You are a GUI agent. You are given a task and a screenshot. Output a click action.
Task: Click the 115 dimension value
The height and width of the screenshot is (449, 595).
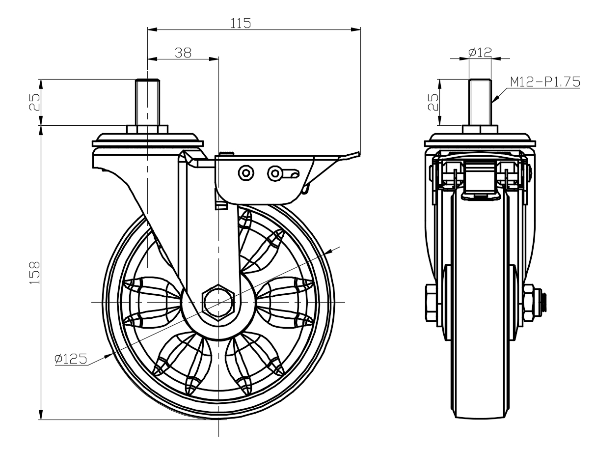click(x=241, y=23)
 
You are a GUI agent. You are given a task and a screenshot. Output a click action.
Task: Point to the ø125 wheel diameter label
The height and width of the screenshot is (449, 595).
click(x=71, y=359)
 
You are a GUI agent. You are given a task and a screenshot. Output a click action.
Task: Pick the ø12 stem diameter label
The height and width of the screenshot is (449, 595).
click(x=480, y=52)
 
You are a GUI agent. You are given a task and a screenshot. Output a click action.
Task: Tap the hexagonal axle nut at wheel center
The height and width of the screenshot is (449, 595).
click(x=218, y=301)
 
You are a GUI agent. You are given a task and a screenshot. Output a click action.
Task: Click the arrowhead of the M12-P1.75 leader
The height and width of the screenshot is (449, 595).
click(x=494, y=100)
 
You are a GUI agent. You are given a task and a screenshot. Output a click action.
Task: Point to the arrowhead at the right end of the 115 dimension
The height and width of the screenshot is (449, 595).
click(x=356, y=30)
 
